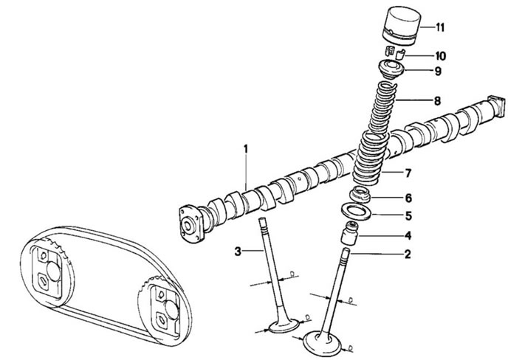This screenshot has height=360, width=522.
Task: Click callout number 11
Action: (x=440, y=27)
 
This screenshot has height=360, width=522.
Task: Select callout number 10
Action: (x=440, y=55)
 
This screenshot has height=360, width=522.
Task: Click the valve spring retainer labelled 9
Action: (x=392, y=69)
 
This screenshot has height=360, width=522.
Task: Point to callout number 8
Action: (x=437, y=100)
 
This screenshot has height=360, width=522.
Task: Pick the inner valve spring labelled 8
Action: (x=383, y=106)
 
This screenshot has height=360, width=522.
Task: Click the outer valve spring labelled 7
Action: (x=369, y=157)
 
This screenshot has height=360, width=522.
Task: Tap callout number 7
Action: (x=408, y=173)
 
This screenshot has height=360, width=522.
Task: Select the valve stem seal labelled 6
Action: (x=360, y=195)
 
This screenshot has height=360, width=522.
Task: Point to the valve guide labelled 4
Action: (x=349, y=234)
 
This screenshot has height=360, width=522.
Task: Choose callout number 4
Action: (x=408, y=235)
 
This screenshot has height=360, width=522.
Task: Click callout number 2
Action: (x=408, y=255)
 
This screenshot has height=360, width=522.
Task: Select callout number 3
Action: (x=237, y=252)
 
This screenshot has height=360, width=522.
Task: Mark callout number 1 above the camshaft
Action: (x=246, y=149)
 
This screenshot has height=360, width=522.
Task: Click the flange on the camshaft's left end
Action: (x=190, y=224)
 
